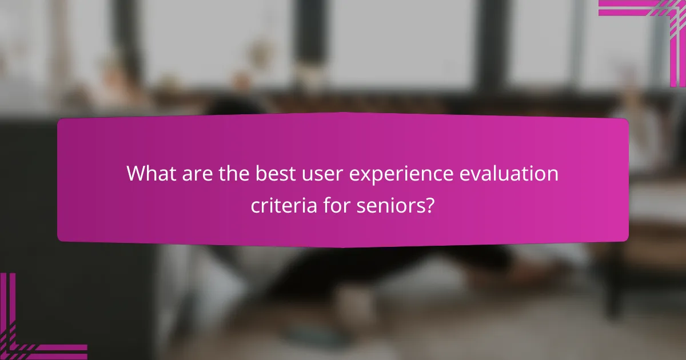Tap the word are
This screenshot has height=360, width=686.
pos(197,173)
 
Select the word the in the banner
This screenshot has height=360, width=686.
pos(233,173)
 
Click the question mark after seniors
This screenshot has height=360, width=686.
pos(429,205)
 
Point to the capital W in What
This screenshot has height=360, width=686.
pos(136,173)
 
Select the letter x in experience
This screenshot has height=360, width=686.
pos(355,174)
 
